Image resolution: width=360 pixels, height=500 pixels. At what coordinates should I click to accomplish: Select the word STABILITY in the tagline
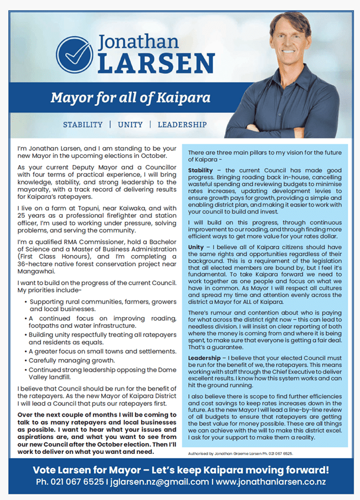(x=83, y=125)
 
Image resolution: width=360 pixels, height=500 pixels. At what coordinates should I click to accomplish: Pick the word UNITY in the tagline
(x=130, y=125)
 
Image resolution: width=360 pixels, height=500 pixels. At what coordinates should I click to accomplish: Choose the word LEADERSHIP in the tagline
(x=182, y=125)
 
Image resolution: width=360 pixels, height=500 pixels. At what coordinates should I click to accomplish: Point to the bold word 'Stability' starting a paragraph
(x=201, y=170)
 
